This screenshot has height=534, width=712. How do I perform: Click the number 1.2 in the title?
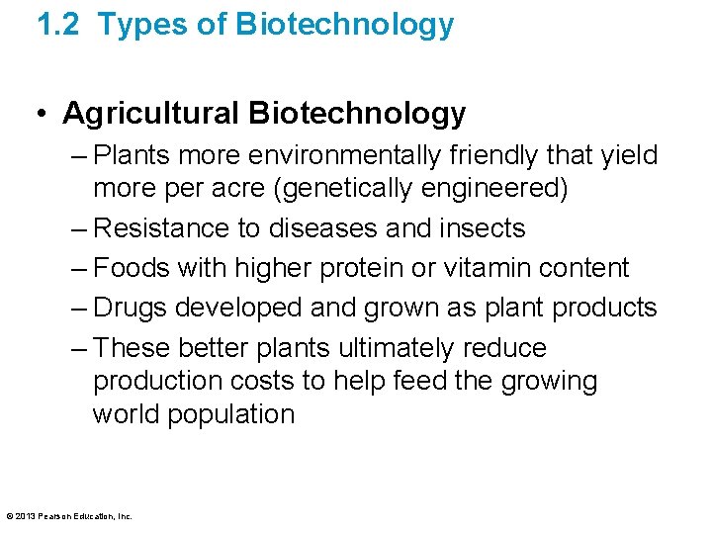(59, 25)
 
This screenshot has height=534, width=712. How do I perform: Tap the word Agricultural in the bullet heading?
(151, 114)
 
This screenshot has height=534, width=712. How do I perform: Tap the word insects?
(483, 228)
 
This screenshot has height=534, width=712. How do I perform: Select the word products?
(604, 308)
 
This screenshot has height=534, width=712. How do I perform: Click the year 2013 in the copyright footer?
(25, 516)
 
